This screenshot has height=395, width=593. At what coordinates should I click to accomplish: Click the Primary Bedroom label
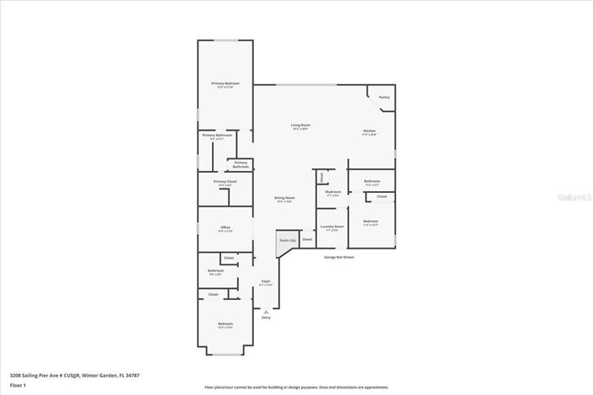(225, 84)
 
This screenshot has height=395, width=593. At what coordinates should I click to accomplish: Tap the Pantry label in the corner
(384, 97)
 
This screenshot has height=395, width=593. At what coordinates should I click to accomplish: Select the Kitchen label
(369, 131)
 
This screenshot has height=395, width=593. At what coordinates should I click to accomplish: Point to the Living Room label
(300, 126)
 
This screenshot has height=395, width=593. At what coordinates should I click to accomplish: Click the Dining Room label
(283, 199)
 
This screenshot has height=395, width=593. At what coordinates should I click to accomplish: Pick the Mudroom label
(332, 192)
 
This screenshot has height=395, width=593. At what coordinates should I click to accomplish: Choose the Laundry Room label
(332, 227)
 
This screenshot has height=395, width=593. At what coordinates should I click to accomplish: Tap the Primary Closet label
(225, 182)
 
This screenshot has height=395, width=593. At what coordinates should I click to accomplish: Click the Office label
(225, 228)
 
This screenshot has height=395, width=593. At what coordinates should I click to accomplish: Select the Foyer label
(265, 281)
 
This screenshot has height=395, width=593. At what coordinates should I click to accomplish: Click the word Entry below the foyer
(266, 318)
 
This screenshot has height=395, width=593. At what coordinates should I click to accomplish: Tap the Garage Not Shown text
(339, 257)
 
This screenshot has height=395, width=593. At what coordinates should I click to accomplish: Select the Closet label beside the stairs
(307, 240)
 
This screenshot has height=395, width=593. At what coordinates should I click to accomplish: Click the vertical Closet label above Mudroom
(321, 177)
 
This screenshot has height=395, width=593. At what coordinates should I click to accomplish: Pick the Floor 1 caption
(18, 385)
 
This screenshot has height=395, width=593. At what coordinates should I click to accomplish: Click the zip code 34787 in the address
(130, 375)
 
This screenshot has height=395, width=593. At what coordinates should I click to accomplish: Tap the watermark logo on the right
(572, 198)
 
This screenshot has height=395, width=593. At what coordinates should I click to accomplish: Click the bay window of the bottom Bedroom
(225, 353)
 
